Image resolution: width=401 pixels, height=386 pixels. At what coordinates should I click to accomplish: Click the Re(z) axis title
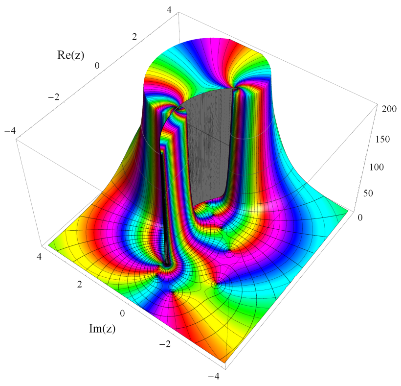(x=70, y=55)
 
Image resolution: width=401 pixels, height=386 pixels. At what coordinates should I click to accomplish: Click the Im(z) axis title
(x=102, y=328)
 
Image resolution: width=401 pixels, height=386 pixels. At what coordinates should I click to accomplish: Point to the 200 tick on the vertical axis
(x=389, y=109)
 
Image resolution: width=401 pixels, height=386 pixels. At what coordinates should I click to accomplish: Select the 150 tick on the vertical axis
(x=382, y=139)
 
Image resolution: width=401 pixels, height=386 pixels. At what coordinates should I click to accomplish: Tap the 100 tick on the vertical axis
(x=377, y=167)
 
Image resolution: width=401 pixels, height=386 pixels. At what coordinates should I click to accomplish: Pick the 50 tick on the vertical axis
(x=368, y=193)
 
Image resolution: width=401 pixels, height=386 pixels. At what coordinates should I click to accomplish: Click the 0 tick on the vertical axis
(x=360, y=217)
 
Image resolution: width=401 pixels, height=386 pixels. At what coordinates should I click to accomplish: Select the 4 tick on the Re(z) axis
(x=169, y=10)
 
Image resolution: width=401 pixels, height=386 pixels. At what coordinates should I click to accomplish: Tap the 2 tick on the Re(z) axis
(x=134, y=37)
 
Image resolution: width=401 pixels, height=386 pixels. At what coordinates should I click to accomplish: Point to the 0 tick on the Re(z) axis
(x=97, y=66)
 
